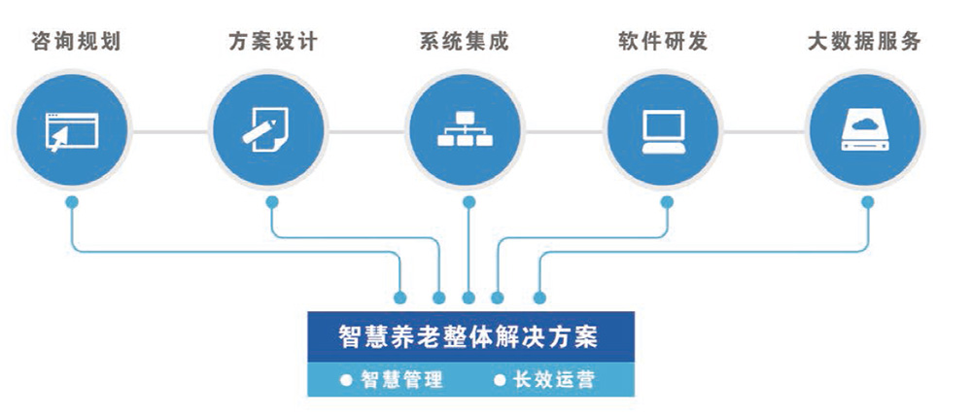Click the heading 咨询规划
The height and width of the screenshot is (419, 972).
[76, 42]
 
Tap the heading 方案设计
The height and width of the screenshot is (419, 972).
[273, 42]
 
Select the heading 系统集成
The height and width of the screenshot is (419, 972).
[465, 42]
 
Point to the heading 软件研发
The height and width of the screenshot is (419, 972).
[663, 42]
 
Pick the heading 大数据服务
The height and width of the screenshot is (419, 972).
[864, 42]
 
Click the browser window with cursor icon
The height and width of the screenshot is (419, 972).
[71, 131]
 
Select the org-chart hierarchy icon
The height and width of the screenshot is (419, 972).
[465, 129]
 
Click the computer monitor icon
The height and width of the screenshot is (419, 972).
[663, 131]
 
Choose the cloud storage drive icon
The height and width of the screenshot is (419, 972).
[865, 131]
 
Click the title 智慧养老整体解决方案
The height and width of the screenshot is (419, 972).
[469, 337]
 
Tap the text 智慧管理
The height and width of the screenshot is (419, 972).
[401, 379]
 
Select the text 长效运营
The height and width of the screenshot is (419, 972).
[554, 379]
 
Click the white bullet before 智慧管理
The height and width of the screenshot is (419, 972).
[346, 379]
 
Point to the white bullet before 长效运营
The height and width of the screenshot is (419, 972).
[499, 379]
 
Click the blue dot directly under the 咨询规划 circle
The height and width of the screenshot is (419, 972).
[72, 202]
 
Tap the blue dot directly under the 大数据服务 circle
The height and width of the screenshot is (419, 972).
[868, 202]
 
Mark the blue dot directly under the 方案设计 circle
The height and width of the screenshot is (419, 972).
[272, 202]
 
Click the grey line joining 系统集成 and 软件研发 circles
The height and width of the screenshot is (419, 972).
[564, 131]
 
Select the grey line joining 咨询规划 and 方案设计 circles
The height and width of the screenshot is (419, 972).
[170, 131]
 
